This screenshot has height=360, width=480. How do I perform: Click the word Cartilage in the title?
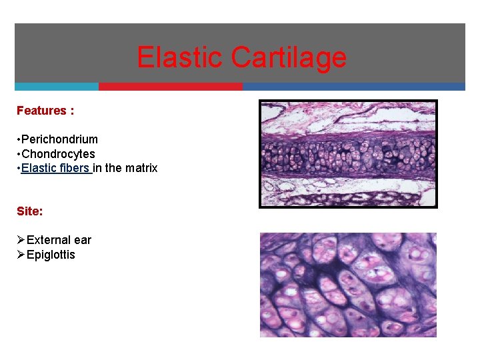289,57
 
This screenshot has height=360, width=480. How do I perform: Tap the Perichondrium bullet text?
59,139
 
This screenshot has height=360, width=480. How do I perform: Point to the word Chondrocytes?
58,154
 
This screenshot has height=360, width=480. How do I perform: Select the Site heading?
30,211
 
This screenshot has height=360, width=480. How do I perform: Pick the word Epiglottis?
51,255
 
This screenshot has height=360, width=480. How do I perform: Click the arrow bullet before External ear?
21,240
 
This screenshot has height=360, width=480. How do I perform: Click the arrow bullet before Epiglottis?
21,255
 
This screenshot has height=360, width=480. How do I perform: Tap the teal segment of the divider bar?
57,87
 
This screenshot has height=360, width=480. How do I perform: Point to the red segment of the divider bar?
171,87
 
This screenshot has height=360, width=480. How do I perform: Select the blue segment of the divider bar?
353,87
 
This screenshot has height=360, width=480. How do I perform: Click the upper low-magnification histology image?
348,153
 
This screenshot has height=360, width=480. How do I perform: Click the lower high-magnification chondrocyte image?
348,285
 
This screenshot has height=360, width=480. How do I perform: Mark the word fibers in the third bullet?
74,168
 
